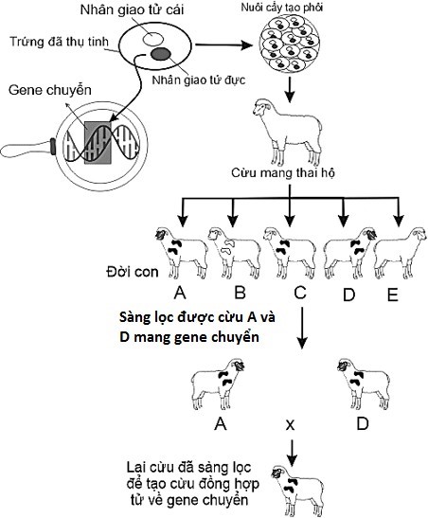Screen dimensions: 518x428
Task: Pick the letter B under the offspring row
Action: point(239,294)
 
